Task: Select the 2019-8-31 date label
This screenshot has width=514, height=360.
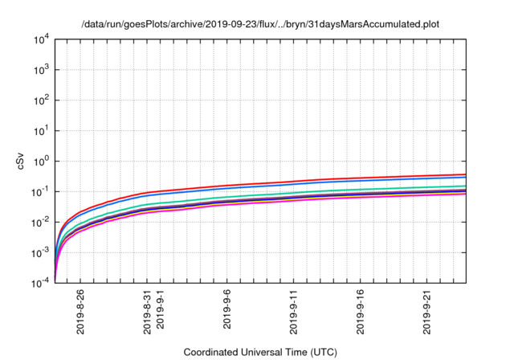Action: coord(148,312)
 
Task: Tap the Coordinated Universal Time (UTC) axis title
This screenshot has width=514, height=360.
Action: coord(260,352)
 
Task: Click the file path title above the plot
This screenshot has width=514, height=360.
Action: coord(260,24)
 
